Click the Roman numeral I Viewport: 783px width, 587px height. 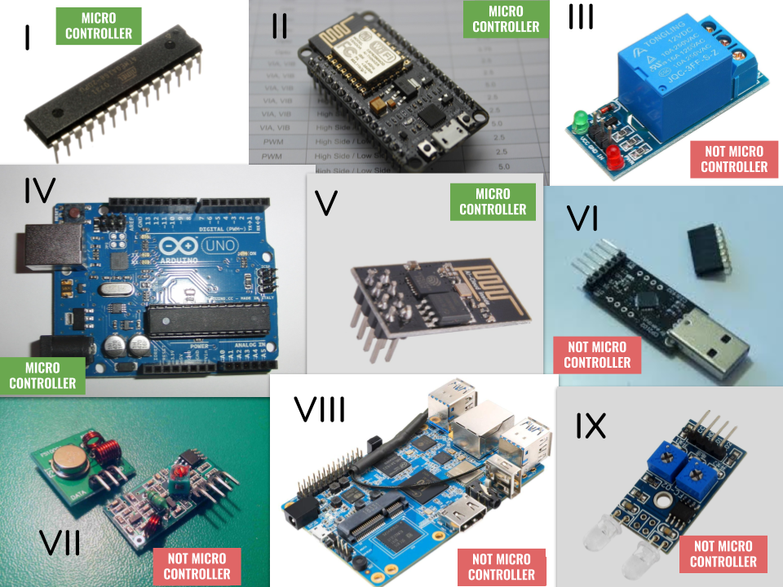pos(28,37)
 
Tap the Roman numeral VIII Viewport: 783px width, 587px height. pos(320,409)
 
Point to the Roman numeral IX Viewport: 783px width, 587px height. pos(591,426)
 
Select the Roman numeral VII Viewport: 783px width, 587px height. pos(60,542)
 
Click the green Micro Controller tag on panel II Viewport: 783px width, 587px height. pos(506,19)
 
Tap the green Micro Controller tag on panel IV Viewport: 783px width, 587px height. pos(42,376)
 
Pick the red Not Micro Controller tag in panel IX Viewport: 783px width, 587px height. pos(723,554)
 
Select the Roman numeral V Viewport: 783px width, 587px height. pos(326,201)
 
